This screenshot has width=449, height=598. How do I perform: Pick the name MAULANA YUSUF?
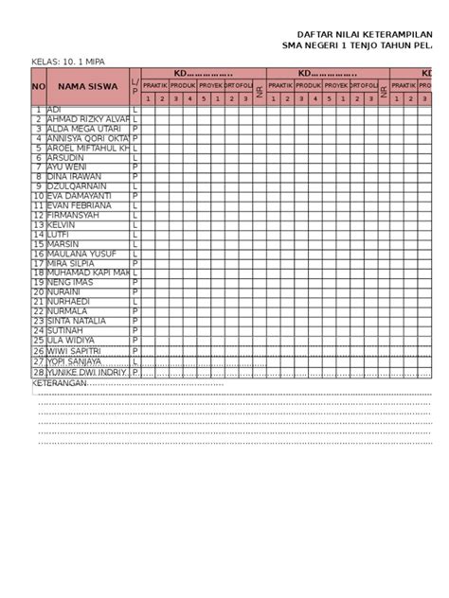pos(81,254)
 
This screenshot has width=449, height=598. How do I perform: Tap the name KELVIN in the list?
pos(62,225)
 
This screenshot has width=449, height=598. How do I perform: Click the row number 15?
pos(39,244)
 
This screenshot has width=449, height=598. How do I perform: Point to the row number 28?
pos(39,373)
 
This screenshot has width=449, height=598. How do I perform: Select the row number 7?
pos(39,167)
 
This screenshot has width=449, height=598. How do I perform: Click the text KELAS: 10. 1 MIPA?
pos(67,61)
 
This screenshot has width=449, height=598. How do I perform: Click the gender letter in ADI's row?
pos(135,110)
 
